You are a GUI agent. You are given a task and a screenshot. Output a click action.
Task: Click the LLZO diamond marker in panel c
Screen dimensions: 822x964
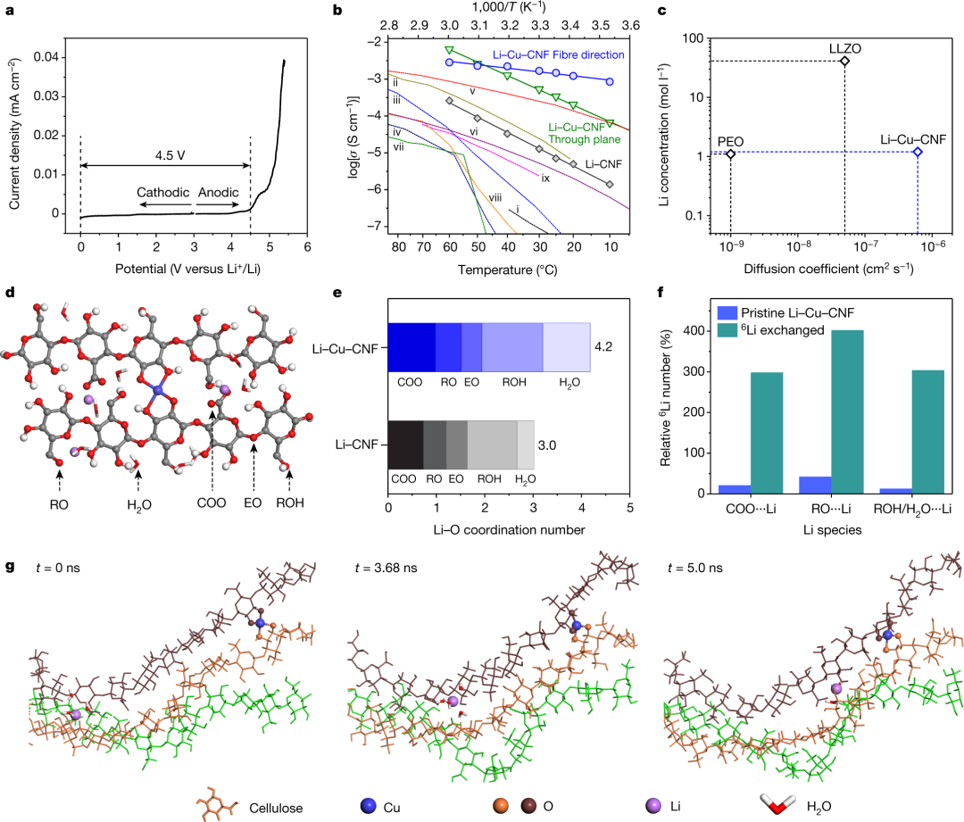844,61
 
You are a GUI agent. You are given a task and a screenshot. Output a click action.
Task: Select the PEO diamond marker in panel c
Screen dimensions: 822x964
731,154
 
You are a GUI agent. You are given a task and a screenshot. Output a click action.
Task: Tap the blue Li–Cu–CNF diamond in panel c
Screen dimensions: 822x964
918,152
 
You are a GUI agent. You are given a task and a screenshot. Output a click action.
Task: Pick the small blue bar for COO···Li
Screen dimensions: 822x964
734,488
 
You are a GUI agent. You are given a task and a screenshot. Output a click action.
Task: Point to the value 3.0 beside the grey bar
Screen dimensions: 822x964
545,444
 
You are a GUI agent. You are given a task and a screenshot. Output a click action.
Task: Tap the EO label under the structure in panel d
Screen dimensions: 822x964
254,502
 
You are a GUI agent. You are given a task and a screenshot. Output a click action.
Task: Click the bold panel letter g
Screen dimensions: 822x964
10,566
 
